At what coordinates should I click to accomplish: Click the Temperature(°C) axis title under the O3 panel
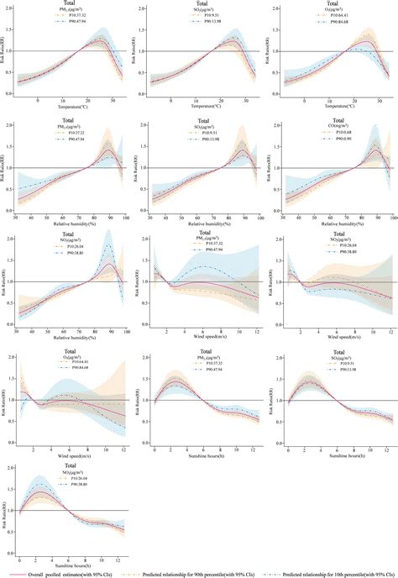335,108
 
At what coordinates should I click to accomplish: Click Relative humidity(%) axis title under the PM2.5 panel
70,223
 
